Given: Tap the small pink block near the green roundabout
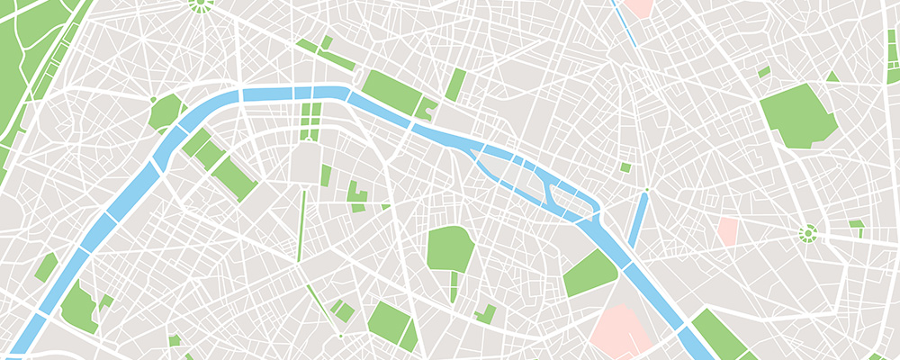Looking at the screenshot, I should (727, 230).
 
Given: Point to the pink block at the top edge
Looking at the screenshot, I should (639, 7).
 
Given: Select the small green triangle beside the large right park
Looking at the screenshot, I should (832, 77).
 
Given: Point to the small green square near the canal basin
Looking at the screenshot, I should (625, 167).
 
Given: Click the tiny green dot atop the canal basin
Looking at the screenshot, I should (645, 190).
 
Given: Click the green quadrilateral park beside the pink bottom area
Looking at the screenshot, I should (590, 274).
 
